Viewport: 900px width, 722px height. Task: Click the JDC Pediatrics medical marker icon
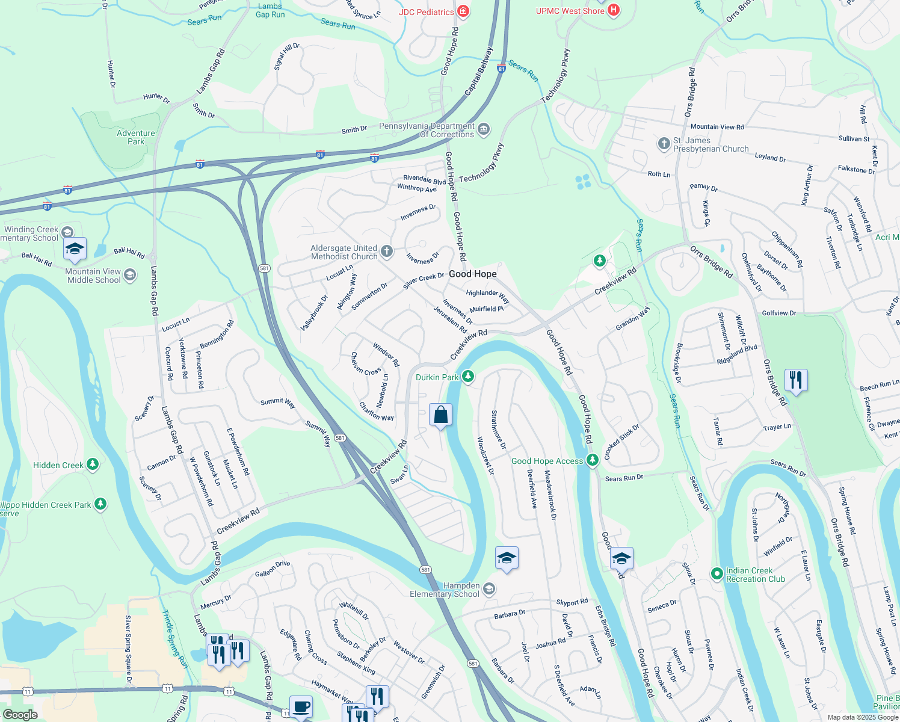(x=463, y=11)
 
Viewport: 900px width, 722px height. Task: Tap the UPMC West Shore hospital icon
(x=613, y=10)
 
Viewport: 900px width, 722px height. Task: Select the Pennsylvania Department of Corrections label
(x=427, y=130)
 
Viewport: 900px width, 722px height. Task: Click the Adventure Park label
(x=136, y=137)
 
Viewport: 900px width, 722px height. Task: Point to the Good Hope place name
(x=473, y=274)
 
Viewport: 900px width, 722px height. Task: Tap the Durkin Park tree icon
(x=467, y=377)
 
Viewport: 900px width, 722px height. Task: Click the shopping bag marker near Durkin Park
(x=440, y=415)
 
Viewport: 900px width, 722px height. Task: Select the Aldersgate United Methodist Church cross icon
(x=387, y=251)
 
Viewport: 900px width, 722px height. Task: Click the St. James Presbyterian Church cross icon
(x=664, y=143)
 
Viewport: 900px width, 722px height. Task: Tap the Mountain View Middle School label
(x=94, y=276)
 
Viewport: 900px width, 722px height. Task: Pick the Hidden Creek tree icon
(x=92, y=464)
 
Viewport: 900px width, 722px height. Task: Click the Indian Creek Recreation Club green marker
(x=717, y=573)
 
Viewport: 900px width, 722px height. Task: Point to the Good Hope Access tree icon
(x=592, y=460)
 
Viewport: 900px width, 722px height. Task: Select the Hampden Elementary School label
(x=445, y=590)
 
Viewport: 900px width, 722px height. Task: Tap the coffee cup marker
(x=301, y=706)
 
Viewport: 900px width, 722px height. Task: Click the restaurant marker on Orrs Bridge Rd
(x=796, y=380)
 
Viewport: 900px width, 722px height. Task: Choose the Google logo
(x=20, y=715)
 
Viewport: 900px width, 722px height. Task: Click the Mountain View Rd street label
(x=717, y=127)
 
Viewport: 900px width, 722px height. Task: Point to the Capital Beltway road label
(x=479, y=71)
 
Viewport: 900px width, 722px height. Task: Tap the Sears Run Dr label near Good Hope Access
(x=624, y=478)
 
